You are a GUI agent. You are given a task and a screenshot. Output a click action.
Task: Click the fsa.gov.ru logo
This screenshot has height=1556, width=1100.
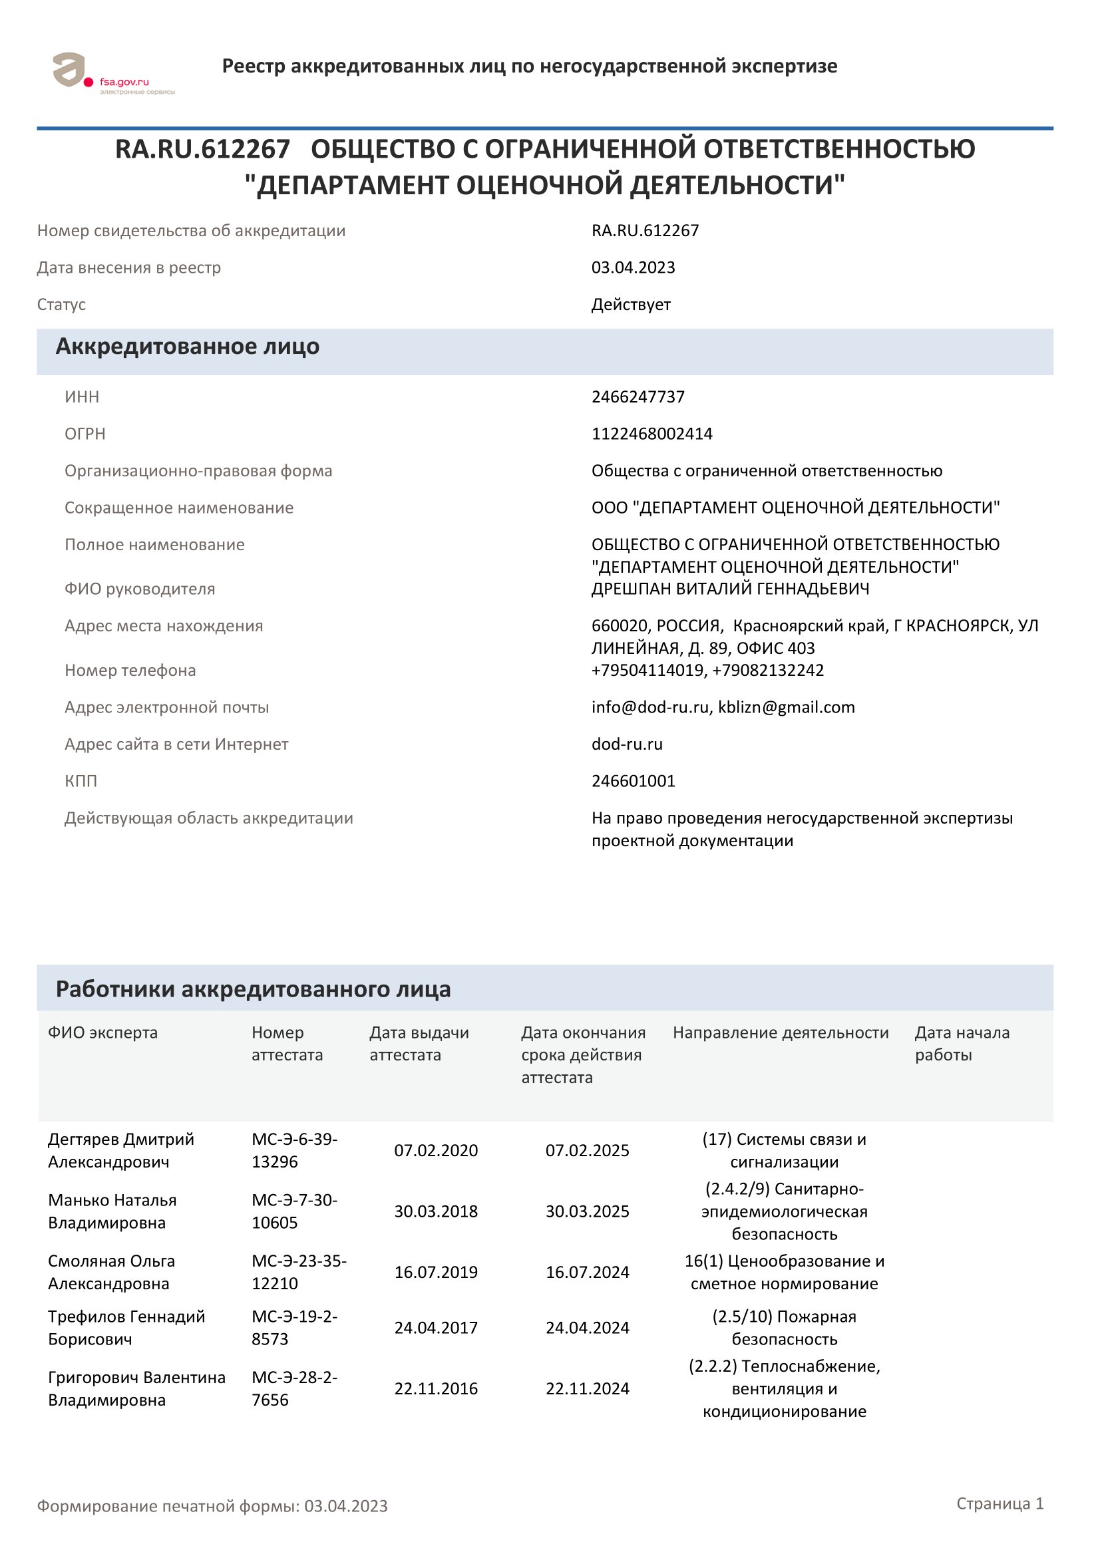point(113,73)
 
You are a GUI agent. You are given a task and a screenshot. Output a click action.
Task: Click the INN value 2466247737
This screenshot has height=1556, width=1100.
point(638,396)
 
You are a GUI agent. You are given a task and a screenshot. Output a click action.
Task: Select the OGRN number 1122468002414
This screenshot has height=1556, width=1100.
point(651,434)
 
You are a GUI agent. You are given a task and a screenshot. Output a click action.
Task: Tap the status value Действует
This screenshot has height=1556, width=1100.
point(630,304)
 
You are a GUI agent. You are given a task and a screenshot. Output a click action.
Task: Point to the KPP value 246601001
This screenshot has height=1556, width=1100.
point(633,781)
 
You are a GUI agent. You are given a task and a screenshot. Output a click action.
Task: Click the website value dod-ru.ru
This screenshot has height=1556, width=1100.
point(627,744)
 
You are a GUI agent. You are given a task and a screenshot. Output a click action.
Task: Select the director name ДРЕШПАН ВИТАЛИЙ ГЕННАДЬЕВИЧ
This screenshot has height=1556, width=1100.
point(730,589)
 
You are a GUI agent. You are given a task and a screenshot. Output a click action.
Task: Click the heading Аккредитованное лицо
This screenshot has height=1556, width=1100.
point(187,347)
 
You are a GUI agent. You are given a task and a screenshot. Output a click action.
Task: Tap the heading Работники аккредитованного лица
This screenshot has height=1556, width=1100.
point(253,989)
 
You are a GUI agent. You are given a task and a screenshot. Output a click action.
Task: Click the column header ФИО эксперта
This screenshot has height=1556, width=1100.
point(102,1032)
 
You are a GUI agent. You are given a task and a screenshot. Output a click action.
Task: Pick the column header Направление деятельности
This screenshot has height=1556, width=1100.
point(780,1032)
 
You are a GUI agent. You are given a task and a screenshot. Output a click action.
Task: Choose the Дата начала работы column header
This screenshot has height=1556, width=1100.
point(961,1043)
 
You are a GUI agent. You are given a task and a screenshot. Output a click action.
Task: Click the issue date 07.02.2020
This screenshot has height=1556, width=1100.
point(436,1150)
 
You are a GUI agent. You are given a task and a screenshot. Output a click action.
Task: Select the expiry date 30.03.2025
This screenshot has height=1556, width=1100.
point(587,1211)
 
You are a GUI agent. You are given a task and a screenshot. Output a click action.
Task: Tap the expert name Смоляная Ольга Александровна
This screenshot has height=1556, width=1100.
point(111,1272)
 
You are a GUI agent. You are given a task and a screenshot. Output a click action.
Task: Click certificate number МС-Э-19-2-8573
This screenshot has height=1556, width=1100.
point(294,1328)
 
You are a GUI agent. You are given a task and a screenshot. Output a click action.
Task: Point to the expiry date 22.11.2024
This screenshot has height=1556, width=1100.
point(587,1388)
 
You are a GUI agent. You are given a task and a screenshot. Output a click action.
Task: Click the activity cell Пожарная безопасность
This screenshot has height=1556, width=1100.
point(783,1328)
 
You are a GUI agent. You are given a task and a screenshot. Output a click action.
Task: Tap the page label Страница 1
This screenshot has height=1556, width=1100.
point(999,1503)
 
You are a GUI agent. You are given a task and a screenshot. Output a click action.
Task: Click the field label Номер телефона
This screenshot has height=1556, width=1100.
point(130,671)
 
